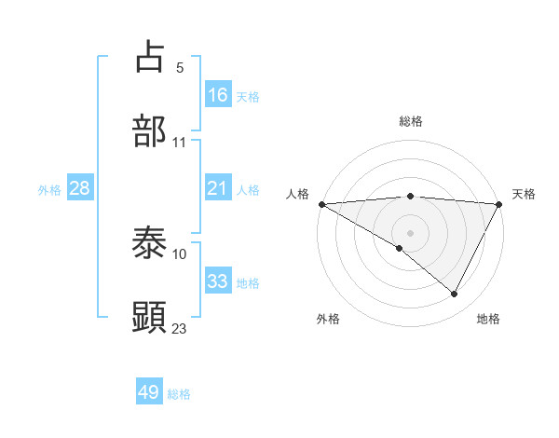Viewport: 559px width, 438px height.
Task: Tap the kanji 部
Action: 150,131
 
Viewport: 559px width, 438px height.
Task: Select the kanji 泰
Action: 150,243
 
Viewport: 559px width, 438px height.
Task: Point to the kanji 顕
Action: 150,317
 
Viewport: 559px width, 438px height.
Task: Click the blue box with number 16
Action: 218,95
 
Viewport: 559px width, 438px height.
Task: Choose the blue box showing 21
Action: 218,188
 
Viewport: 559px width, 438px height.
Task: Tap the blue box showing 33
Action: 218,281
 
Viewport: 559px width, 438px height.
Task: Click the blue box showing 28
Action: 80,188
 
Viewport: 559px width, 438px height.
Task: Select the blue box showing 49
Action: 149,392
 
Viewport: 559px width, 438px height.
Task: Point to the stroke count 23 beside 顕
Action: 180,328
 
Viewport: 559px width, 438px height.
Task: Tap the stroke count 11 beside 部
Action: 180,143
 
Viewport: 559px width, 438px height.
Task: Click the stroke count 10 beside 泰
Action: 180,253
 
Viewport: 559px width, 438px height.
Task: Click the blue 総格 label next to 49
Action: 179,394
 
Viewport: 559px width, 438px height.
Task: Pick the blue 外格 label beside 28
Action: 49,190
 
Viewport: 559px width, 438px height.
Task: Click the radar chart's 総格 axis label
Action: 410,121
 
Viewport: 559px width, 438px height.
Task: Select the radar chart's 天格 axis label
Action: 524,194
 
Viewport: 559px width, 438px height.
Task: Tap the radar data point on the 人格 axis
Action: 321,204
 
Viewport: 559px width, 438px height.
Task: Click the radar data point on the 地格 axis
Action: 455,294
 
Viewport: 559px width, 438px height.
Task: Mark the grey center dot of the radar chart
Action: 410,232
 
